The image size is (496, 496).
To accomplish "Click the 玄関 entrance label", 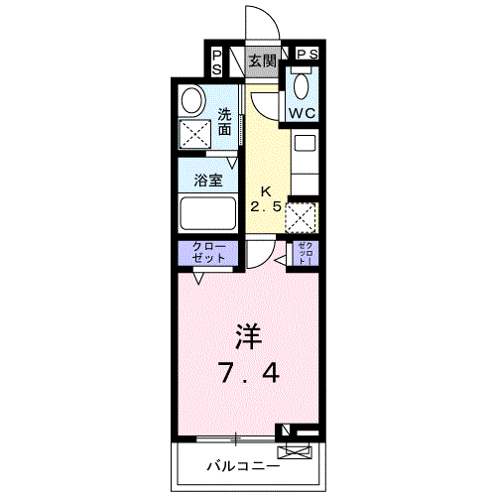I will point(262,62).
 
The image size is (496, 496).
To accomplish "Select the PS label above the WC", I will point(307,54).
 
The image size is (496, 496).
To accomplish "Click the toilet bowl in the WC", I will point(302,85).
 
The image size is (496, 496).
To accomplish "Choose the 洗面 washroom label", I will point(225,121).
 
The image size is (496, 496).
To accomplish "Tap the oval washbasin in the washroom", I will point(191,102).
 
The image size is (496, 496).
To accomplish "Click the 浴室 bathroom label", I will point(207,183).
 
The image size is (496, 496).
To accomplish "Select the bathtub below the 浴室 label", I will point(207,214).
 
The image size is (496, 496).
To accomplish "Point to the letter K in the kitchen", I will point(265,190).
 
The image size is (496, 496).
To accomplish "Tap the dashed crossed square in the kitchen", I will point(302,216).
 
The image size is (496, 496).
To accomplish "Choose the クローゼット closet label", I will point(208,252).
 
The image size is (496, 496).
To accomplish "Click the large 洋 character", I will point(249,337).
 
